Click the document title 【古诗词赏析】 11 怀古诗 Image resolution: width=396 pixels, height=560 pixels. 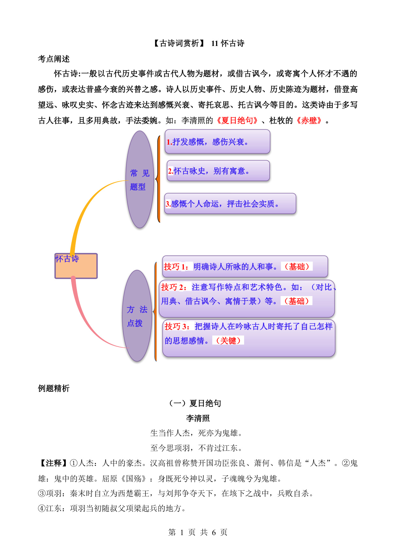pos(198,43)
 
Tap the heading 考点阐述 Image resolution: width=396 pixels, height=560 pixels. pos(54,59)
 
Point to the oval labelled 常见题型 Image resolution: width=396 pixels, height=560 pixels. pos(140,179)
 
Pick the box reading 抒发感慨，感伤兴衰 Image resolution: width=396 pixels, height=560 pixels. pos(218,141)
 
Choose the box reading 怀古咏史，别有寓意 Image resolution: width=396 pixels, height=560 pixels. pos(218,171)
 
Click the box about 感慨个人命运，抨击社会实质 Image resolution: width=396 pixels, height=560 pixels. pos(230,203)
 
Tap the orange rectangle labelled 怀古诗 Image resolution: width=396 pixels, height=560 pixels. pos(76,266)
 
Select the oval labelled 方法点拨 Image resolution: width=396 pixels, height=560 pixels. pos(137,316)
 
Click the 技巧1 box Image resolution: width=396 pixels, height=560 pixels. pos(245,266)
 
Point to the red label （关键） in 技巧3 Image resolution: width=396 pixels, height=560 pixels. pos(228,341)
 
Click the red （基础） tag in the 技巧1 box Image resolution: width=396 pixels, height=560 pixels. pos(297,267)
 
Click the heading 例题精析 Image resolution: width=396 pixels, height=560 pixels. pos(54,388)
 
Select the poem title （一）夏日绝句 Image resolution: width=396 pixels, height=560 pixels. pos(195,403)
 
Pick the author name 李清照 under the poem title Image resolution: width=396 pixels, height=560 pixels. pos(198,418)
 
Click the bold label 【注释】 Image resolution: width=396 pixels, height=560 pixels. pos(53,463)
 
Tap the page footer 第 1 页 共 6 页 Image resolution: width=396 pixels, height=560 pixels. pos(198,532)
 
